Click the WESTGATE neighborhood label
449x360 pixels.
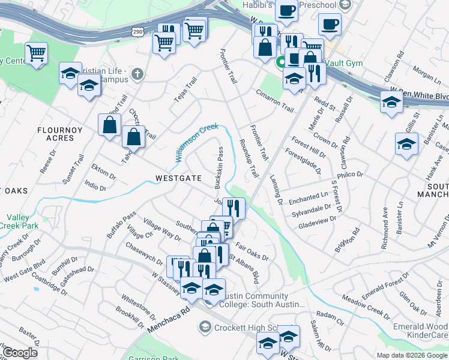[x=178, y=178]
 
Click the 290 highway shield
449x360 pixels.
[x=137, y=30]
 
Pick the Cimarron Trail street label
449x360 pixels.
[x=274, y=101]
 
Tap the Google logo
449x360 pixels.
[x=20, y=353]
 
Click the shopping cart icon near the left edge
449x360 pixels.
[x=37, y=53]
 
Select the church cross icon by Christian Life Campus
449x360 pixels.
[x=137, y=74]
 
